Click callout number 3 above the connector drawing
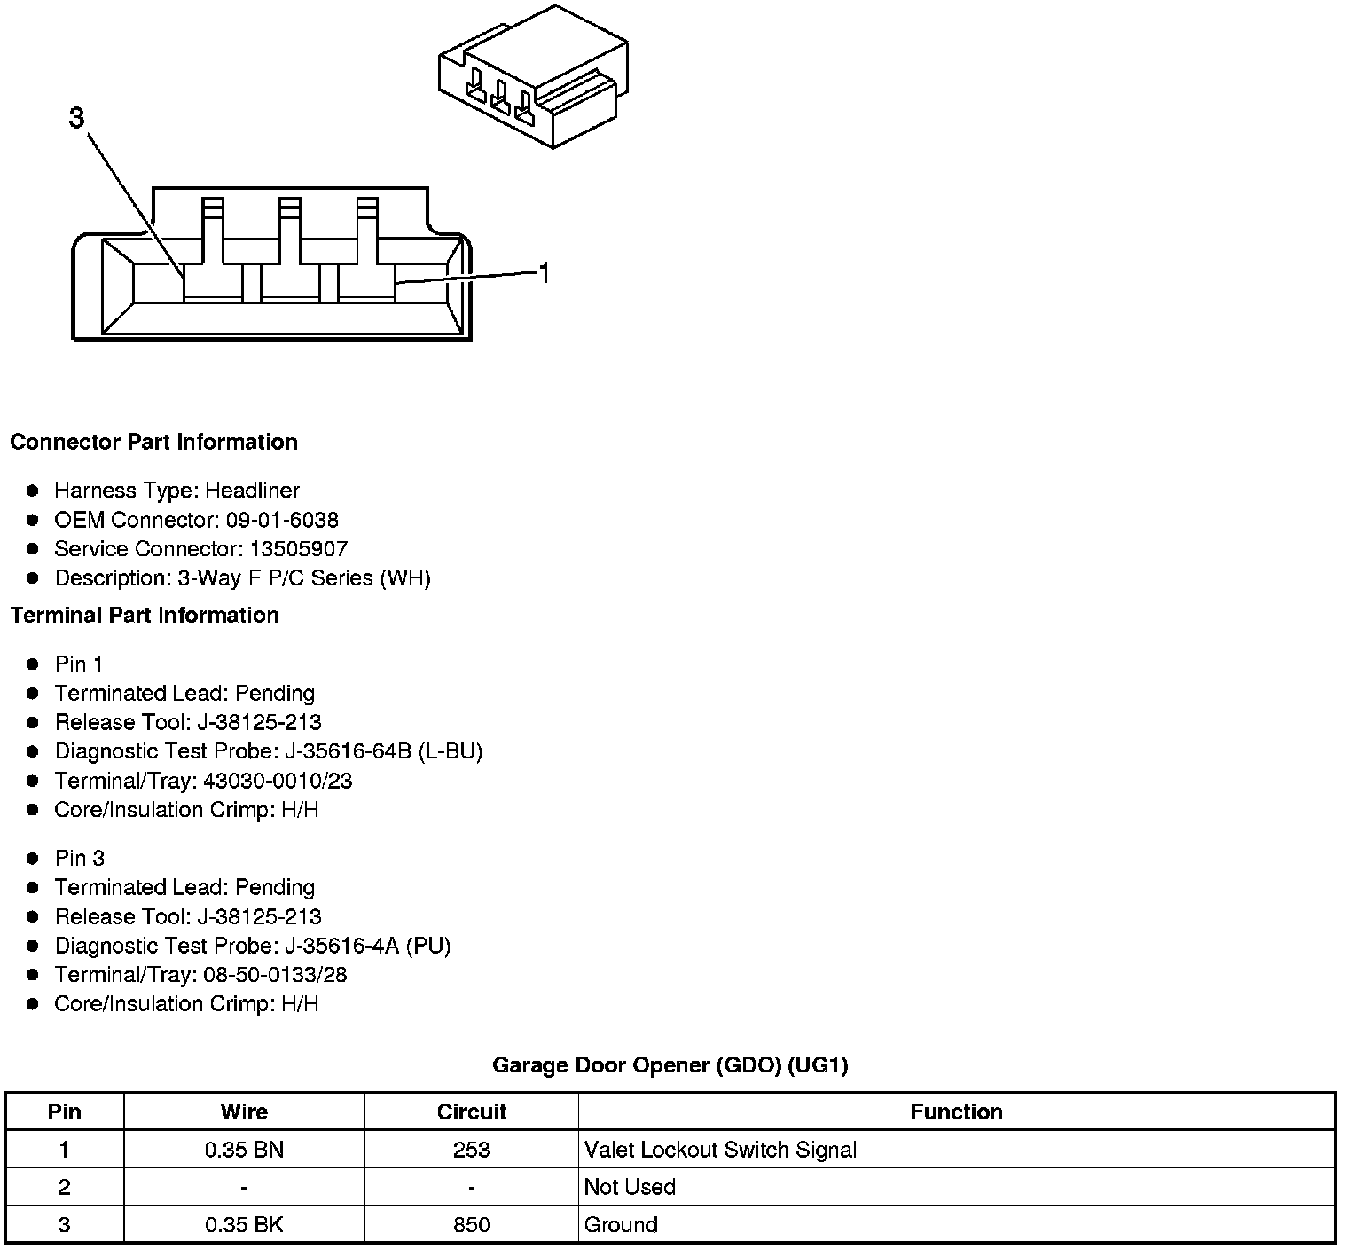pyautogui.click(x=77, y=118)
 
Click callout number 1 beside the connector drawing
pyautogui.click(x=545, y=274)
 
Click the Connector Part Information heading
pyautogui.click(x=153, y=442)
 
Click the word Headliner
pyautogui.click(x=253, y=491)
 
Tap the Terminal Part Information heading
pyautogui.click(x=145, y=615)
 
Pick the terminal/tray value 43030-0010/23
pyautogui.click(x=278, y=781)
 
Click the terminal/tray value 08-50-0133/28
pyautogui.click(x=275, y=975)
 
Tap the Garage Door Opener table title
pyautogui.click(x=670, y=1064)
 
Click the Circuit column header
pyautogui.click(x=471, y=1112)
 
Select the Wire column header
pyautogui.click(x=244, y=1112)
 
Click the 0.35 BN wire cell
pyautogui.click(x=244, y=1150)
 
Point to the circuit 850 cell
pyautogui.click(x=471, y=1224)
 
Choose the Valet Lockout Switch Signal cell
pyautogui.click(x=720, y=1150)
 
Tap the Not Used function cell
pyautogui.click(x=630, y=1187)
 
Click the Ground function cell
pyautogui.click(x=621, y=1224)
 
